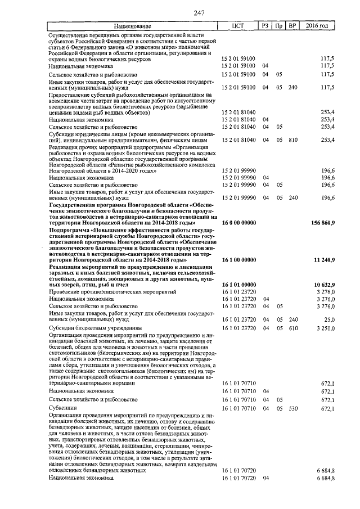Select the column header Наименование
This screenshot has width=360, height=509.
coord(132,26)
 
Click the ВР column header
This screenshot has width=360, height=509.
coord(292,26)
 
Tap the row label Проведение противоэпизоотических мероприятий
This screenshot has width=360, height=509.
coord(112,292)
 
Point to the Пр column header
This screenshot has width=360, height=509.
coord(278,26)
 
